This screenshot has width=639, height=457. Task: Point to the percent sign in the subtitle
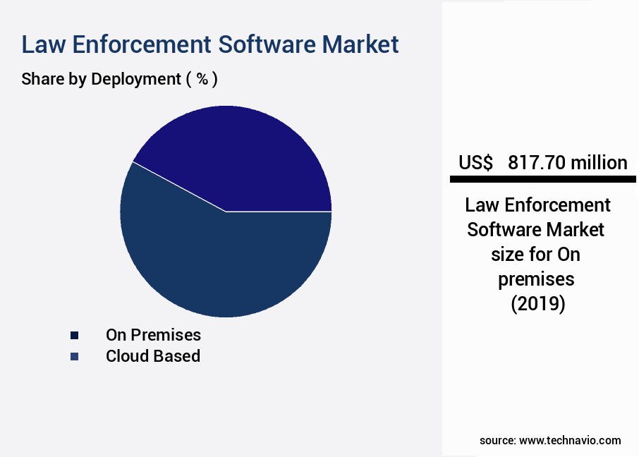pyautogui.click(x=202, y=79)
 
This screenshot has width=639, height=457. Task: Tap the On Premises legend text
pyautogui.click(x=153, y=334)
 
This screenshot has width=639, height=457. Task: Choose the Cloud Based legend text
pyautogui.click(x=153, y=356)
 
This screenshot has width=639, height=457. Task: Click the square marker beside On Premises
pyautogui.click(x=74, y=335)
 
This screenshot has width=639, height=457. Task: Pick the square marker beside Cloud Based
pyautogui.click(x=74, y=357)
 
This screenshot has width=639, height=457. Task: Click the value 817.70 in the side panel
pyautogui.click(x=536, y=163)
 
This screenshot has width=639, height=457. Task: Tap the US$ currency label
pyautogui.click(x=476, y=163)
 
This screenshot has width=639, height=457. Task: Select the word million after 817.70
pyautogui.click(x=599, y=163)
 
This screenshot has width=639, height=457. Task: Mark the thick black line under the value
pyautogui.click(x=542, y=181)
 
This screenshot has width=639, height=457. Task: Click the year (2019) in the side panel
pyautogui.click(x=537, y=305)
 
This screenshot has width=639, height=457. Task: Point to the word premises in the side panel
pyautogui.click(x=536, y=280)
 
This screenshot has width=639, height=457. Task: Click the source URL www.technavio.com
pyautogui.click(x=570, y=440)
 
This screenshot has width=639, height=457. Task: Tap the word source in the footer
pyautogui.click(x=497, y=440)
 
